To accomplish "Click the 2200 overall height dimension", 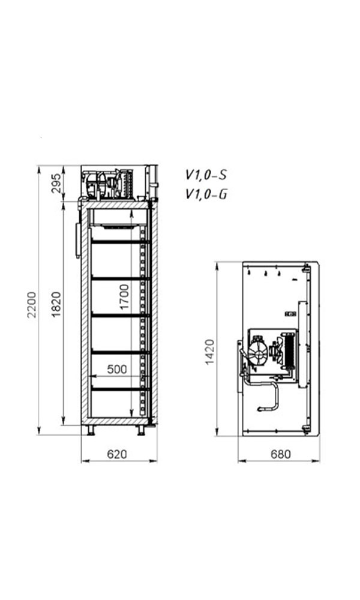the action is click(x=32, y=305).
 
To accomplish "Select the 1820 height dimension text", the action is click(x=56, y=305).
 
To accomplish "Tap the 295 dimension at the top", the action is click(x=56, y=183).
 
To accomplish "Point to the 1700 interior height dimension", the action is click(x=124, y=297).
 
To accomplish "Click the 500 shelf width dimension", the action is click(x=117, y=369).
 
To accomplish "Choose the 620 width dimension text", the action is click(x=117, y=454).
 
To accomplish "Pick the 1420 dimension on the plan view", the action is click(x=209, y=352).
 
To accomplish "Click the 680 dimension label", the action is click(x=281, y=454).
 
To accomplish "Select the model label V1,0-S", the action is click(x=206, y=175).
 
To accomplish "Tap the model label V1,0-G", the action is click(x=206, y=194).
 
